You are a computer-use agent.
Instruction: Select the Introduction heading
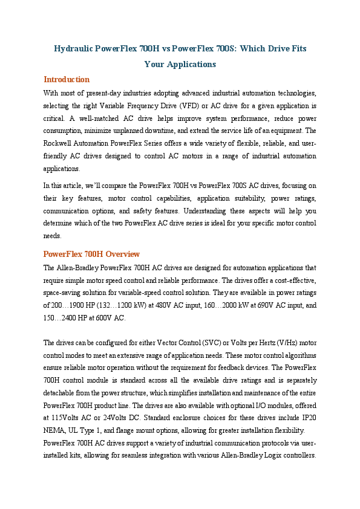pyautogui.click(x=67, y=79)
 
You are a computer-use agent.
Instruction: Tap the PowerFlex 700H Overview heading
pyautogui.click(x=91, y=254)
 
